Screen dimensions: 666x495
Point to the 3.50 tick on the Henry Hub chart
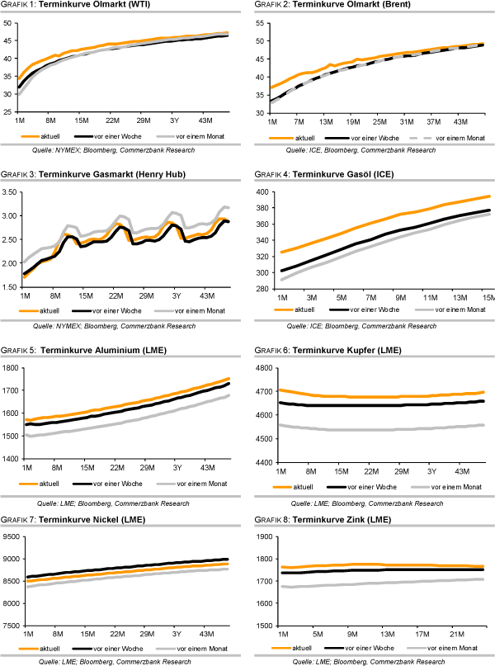point(12,192)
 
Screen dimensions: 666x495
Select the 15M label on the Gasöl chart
point(487,297)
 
